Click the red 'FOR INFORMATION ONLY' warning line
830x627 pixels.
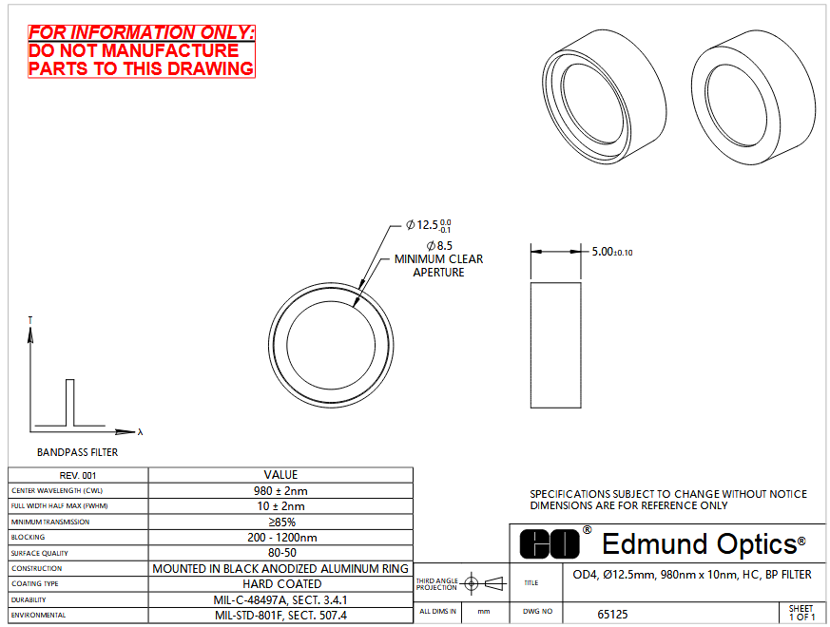[142, 33]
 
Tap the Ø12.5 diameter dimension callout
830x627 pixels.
[428, 225]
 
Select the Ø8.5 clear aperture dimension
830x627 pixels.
[439, 245]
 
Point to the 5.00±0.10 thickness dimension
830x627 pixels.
[612, 252]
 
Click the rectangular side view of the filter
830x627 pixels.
[556, 345]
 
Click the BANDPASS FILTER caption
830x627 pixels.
[77, 452]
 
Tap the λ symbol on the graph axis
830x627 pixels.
[140, 431]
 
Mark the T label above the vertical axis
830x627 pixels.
[30, 321]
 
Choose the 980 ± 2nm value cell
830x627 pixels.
[280, 490]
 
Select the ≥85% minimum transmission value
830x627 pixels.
[281, 522]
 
